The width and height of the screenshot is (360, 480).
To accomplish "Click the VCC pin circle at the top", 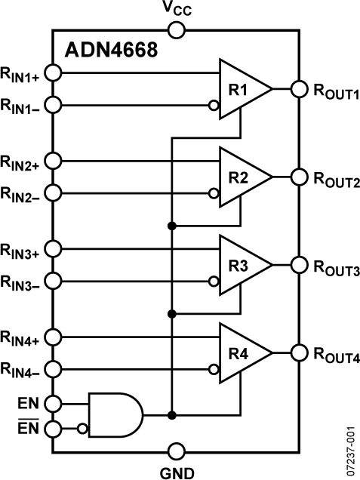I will (177, 30).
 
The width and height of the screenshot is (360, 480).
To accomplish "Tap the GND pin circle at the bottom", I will (177, 452).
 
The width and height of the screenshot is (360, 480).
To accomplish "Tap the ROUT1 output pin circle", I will (300, 90).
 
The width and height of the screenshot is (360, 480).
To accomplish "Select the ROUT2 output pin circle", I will (300, 177).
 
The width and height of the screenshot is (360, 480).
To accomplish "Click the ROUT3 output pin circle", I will (300, 265).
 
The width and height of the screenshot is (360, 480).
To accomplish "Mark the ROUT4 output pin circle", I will (300, 352).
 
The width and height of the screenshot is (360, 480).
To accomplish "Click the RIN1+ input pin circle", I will (54, 73).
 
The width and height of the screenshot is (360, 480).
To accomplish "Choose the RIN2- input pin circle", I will (54, 194).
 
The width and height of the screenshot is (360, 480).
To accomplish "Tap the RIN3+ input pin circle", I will (54, 248).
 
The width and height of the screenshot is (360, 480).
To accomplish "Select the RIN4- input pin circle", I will (54, 369).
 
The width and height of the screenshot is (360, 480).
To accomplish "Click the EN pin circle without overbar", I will (54, 403).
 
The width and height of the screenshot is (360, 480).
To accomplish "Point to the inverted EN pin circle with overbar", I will (54, 429).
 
